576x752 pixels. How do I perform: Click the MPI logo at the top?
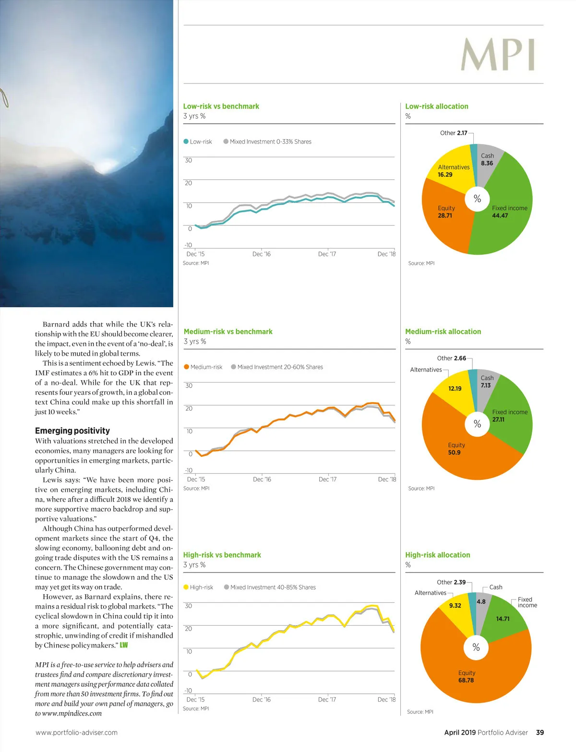pyautogui.click(x=498, y=55)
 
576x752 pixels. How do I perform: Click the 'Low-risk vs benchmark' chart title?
pyautogui.click(x=221, y=106)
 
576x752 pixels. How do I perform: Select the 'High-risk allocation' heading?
pyautogui.click(x=437, y=555)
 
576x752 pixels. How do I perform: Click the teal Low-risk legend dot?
pyautogui.click(x=186, y=142)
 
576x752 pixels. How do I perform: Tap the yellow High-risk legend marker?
pyautogui.click(x=186, y=587)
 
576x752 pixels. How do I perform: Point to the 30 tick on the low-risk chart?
pyautogui.click(x=188, y=160)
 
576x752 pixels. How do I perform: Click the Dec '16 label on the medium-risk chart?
pyautogui.click(x=262, y=479)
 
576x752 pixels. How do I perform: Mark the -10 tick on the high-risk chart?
pyautogui.click(x=188, y=691)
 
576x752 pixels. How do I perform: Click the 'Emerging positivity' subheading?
pyautogui.click(x=72, y=431)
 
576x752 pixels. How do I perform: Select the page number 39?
pyautogui.click(x=540, y=732)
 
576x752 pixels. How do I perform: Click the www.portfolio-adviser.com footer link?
pyautogui.click(x=76, y=732)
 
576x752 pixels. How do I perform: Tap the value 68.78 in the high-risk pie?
pyautogui.click(x=466, y=680)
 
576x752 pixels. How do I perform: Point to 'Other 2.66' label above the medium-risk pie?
pyautogui.click(x=451, y=358)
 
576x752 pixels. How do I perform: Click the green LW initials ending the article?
pyautogui.click(x=124, y=645)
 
